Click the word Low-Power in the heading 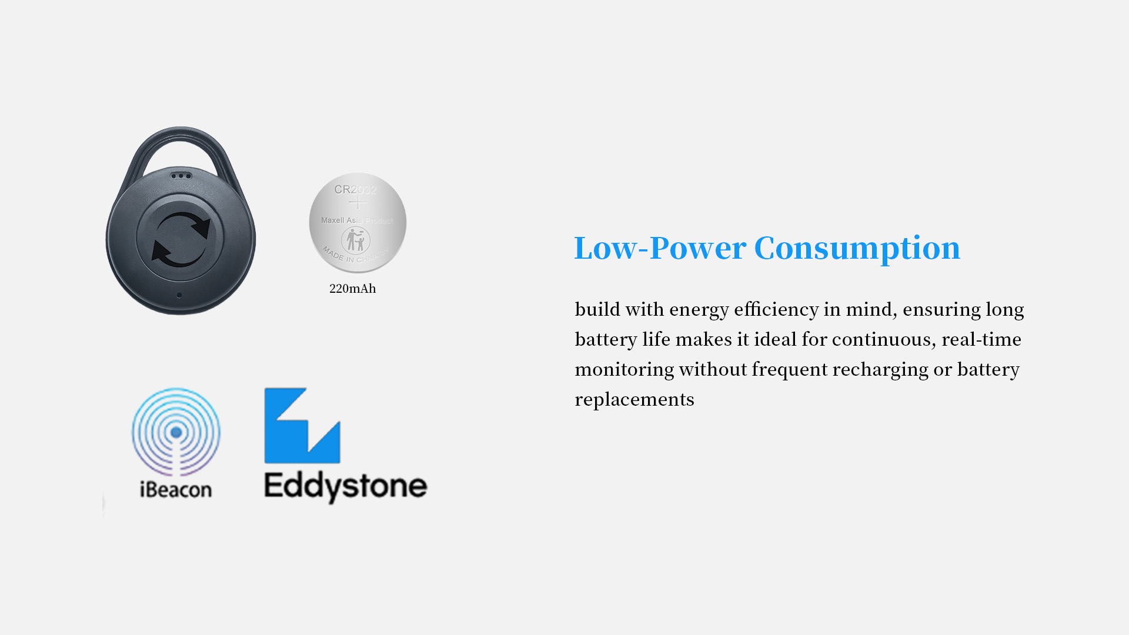pos(660,248)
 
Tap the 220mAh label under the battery pos(352,289)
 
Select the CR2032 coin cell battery pos(358,223)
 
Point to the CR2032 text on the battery pos(355,189)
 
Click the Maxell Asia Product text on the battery pos(357,220)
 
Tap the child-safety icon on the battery pos(356,240)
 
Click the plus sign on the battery pos(358,203)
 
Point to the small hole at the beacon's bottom pos(179,295)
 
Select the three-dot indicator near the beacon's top pos(181,176)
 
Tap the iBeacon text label pos(176,489)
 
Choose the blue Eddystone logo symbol pos(302,425)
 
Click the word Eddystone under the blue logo pos(346,487)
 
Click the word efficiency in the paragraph pos(776,309)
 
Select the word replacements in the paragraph pos(634,400)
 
